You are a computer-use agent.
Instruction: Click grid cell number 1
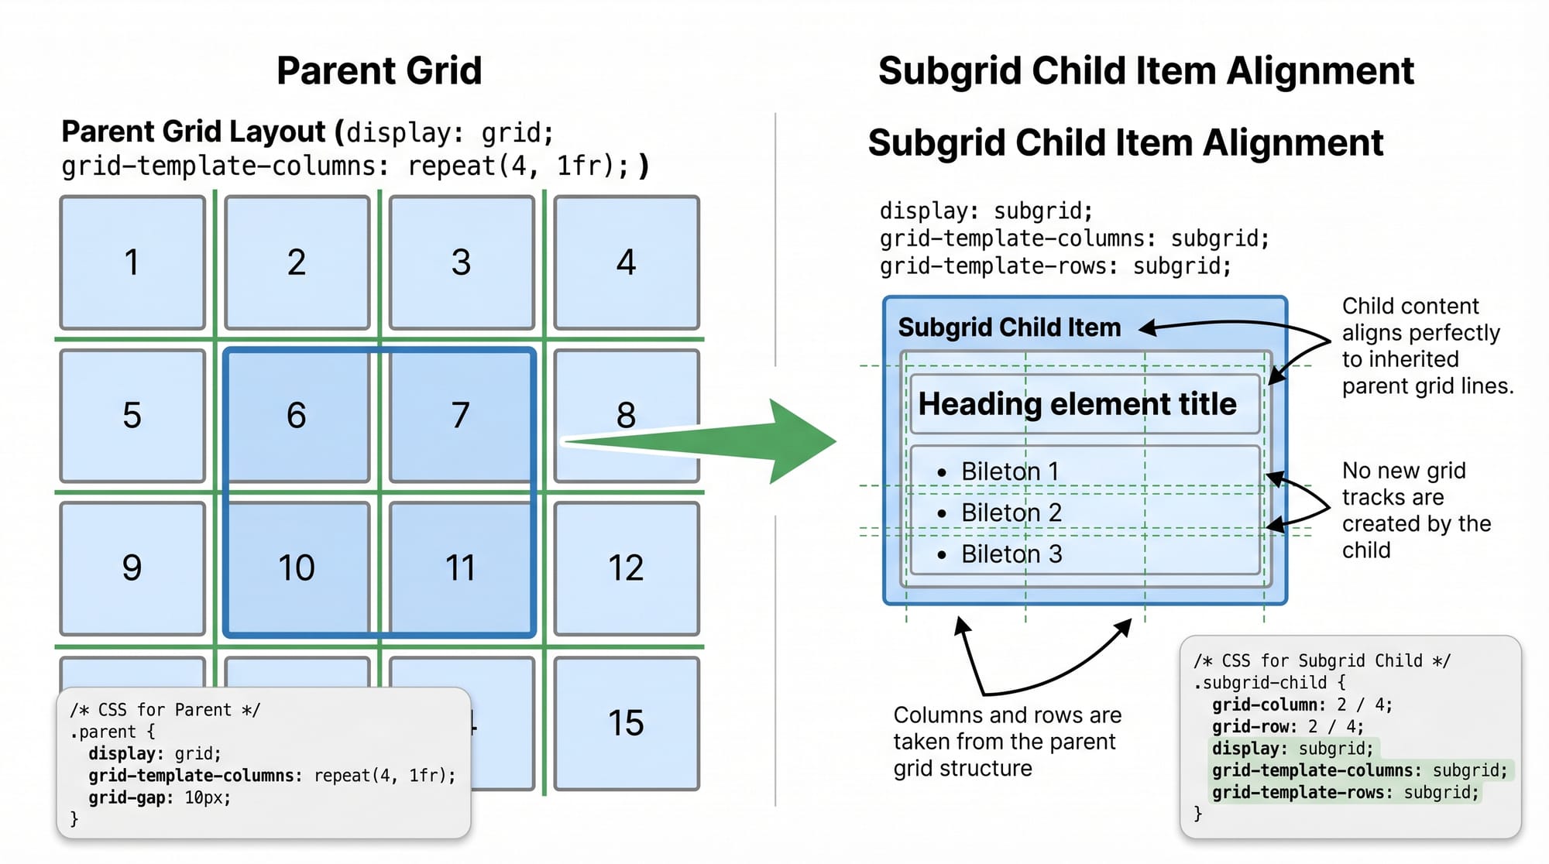[132, 262]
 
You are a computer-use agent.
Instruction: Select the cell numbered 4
[626, 262]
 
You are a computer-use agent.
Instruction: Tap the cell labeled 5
[132, 415]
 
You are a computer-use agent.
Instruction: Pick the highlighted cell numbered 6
[297, 415]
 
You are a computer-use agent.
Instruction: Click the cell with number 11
[461, 567]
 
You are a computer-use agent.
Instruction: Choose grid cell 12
[626, 567]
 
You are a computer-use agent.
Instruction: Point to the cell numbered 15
[626, 723]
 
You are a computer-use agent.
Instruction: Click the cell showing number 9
[132, 567]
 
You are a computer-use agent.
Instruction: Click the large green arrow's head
[802, 441]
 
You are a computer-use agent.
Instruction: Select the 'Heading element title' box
[1084, 404]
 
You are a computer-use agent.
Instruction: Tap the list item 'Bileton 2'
[1011, 513]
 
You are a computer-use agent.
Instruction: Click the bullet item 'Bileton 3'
[1011, 554]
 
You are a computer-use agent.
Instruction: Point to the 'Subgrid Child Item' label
[1009, 327]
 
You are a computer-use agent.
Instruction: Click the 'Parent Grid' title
[379, 70]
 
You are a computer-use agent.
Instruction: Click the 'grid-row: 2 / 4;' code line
[1287, 726]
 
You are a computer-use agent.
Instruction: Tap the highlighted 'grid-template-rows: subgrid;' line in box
[1345, 792]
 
